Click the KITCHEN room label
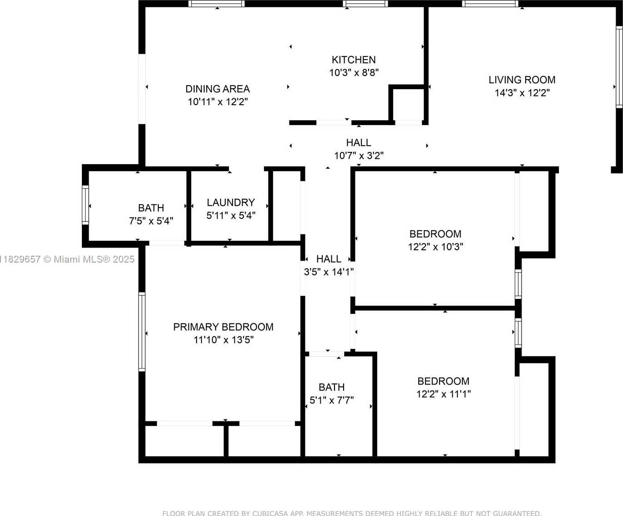click(x=354, y=60)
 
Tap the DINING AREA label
click(x=218, y=89)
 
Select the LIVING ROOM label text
click(x=522, y=80)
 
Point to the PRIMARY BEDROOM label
click(x=223, y=327)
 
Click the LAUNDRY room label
click(x=231, y=202)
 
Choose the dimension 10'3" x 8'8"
click(x=354, y=72)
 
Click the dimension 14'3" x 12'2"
click(x=522, y=93)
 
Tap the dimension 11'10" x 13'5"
click(x=223, y=339)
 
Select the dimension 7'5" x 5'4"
click(x=151, y=221)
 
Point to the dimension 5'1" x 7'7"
click(x=331, y=400)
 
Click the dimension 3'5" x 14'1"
click(x=329, y=272)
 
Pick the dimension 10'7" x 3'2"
click(x=359, y=156)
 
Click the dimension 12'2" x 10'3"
click(x=436, y=247)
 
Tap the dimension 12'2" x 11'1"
click(x=443, y=394)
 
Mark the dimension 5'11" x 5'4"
click(x=231, y=215)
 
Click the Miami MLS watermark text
click(x=67, y=259)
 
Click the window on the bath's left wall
click(x=86, y=205)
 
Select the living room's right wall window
click(x=619, y=67)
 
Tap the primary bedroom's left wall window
click(x=142, y=332)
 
